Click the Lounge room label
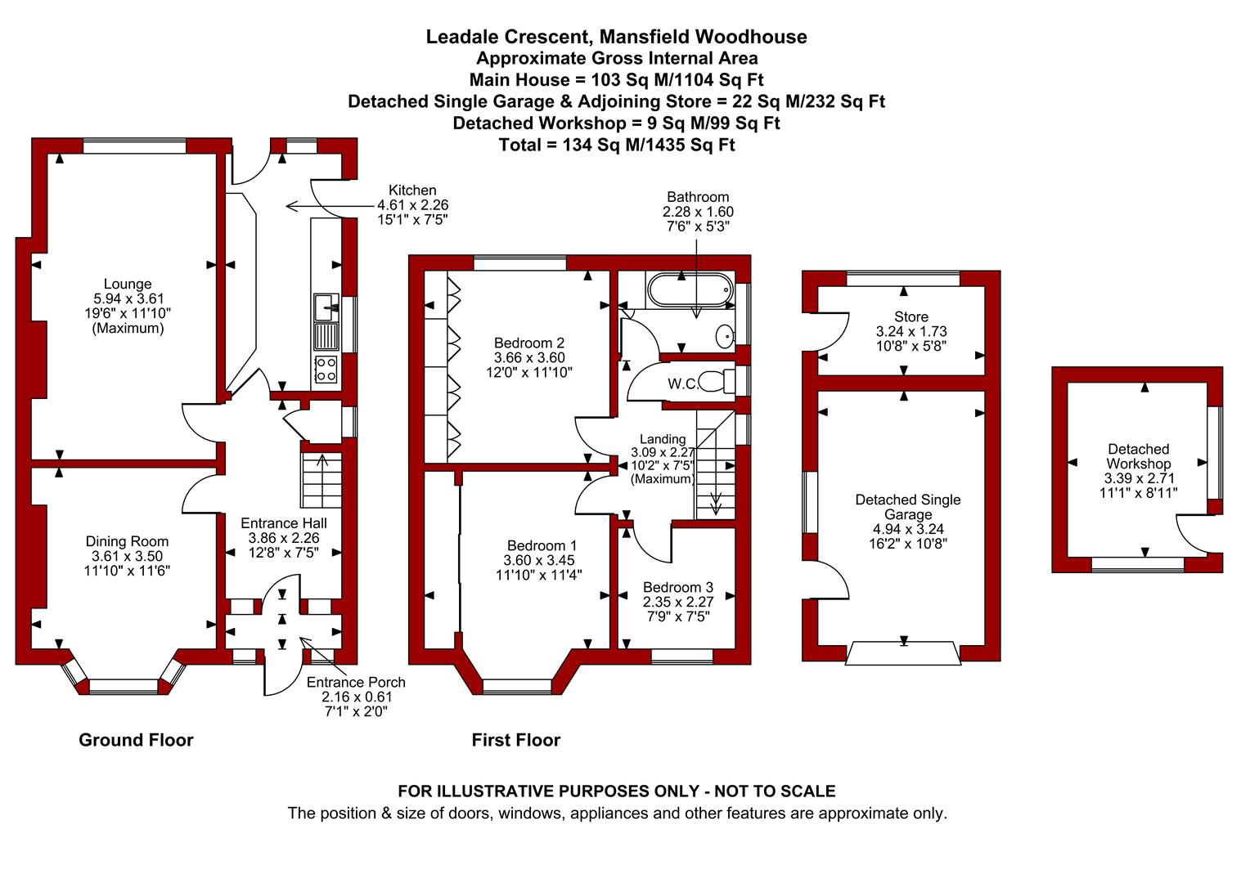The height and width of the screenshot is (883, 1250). (128, 284)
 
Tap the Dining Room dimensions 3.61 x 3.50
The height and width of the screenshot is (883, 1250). (128, 556)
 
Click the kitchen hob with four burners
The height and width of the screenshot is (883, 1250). (326, 370)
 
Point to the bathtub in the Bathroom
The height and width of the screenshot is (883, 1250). (690, 289)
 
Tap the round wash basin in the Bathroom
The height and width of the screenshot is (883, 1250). (724, 336)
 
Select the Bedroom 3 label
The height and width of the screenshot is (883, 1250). (678, 587)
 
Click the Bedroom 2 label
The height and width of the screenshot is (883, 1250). (529, 343)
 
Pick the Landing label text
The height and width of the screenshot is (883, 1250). (663, 439)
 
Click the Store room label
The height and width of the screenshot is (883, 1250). (911, 317)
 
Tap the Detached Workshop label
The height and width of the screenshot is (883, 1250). (1139, 456)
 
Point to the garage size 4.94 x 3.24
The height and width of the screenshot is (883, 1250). (908, 529)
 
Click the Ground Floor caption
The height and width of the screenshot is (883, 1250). (136, 740)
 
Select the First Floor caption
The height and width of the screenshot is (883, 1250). (515, 740)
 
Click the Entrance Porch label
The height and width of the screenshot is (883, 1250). (356, 682)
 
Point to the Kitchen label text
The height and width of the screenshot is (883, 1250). (412, 190)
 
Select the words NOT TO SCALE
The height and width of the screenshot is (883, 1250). (775, 791)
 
